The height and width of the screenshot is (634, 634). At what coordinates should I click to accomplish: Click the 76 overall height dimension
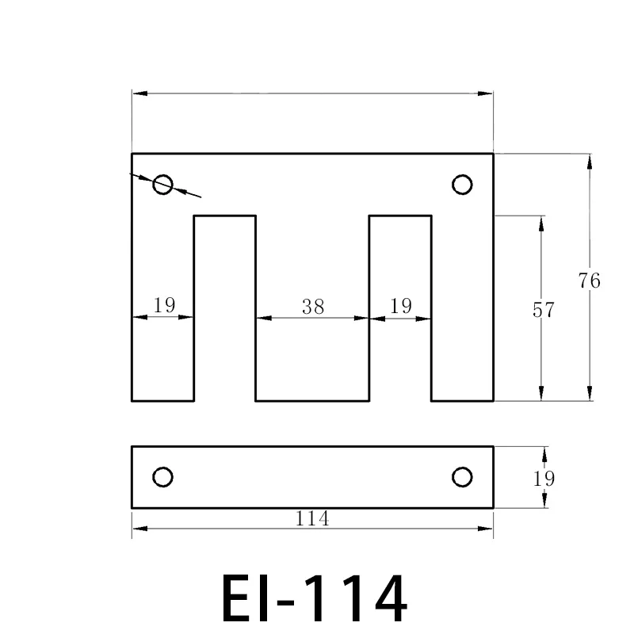[x=590, y=281]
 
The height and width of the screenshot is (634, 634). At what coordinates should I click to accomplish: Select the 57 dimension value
[x=543, y=310]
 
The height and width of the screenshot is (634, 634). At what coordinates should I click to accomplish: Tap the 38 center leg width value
[x=313, y=307]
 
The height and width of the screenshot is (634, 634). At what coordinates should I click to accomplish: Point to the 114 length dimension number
[x=312, y=519]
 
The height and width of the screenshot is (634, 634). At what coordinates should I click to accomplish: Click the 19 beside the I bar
[x=544, y=479]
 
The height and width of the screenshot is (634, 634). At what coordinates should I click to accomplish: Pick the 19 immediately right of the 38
[x=401, y=307]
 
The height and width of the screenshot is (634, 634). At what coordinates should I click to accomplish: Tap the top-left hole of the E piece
[x=163, y=185]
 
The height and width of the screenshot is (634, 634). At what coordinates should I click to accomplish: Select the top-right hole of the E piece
[x=462, y=185]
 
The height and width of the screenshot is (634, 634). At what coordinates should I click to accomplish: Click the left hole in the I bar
[x=162, y=476]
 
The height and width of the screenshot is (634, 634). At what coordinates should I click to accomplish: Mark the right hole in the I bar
[x=462, y=476]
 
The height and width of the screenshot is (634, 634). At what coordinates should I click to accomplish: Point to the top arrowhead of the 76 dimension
[x=589, y=161]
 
